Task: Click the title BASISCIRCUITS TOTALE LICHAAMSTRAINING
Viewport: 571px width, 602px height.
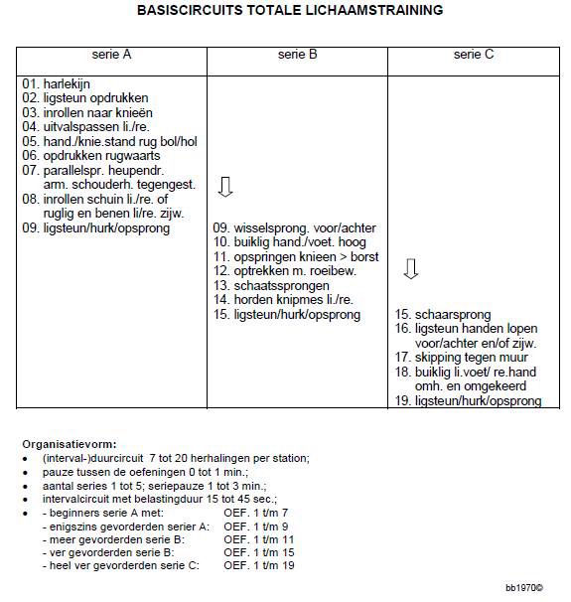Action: pyautogui.click(x=289, y=10)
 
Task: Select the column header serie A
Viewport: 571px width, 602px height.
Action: pyautogui.click(x=112, y=56)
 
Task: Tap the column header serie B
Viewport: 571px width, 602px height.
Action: pyautogui.click(x=298, y=56)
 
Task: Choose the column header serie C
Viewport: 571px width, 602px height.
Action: pyautogui.click(x=474, y=56)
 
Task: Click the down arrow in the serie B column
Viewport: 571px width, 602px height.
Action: pyautogui.click(x=224, y=187)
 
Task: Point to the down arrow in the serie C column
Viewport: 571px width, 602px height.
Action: pyautogui.click(x=411, y=269)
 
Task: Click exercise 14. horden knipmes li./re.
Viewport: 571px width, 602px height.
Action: pyautogui.click(x=283, y=300)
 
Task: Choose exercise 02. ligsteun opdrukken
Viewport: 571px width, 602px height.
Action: pyautogui.click(x=84, y=98)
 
